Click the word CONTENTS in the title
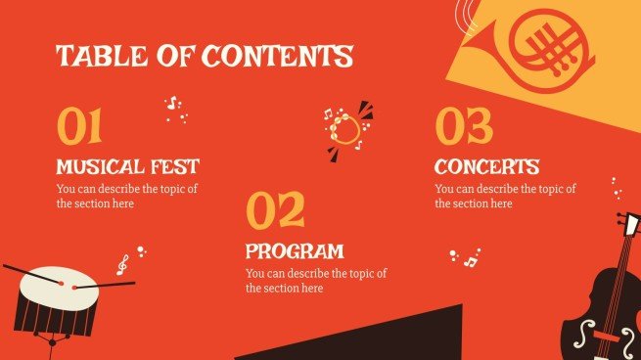277,56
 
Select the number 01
79,127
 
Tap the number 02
275,210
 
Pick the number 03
464,127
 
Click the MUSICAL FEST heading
127,166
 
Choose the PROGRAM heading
295,250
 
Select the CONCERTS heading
486,166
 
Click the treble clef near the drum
122,264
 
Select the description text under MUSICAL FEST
127,197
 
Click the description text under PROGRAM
316,281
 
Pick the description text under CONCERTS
505,197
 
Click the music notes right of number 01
175,108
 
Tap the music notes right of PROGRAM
467,258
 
